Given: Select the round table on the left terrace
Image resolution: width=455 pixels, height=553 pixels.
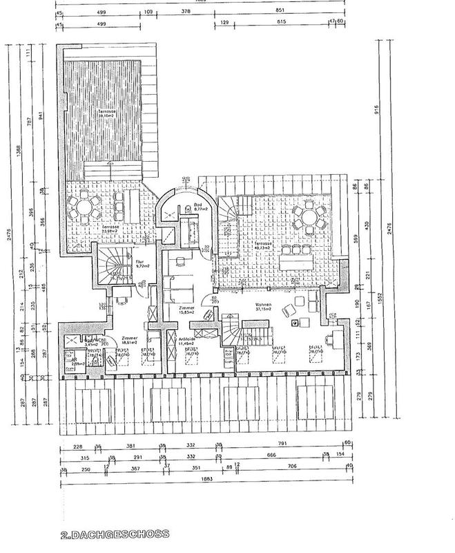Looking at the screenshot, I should click(87, 205).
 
